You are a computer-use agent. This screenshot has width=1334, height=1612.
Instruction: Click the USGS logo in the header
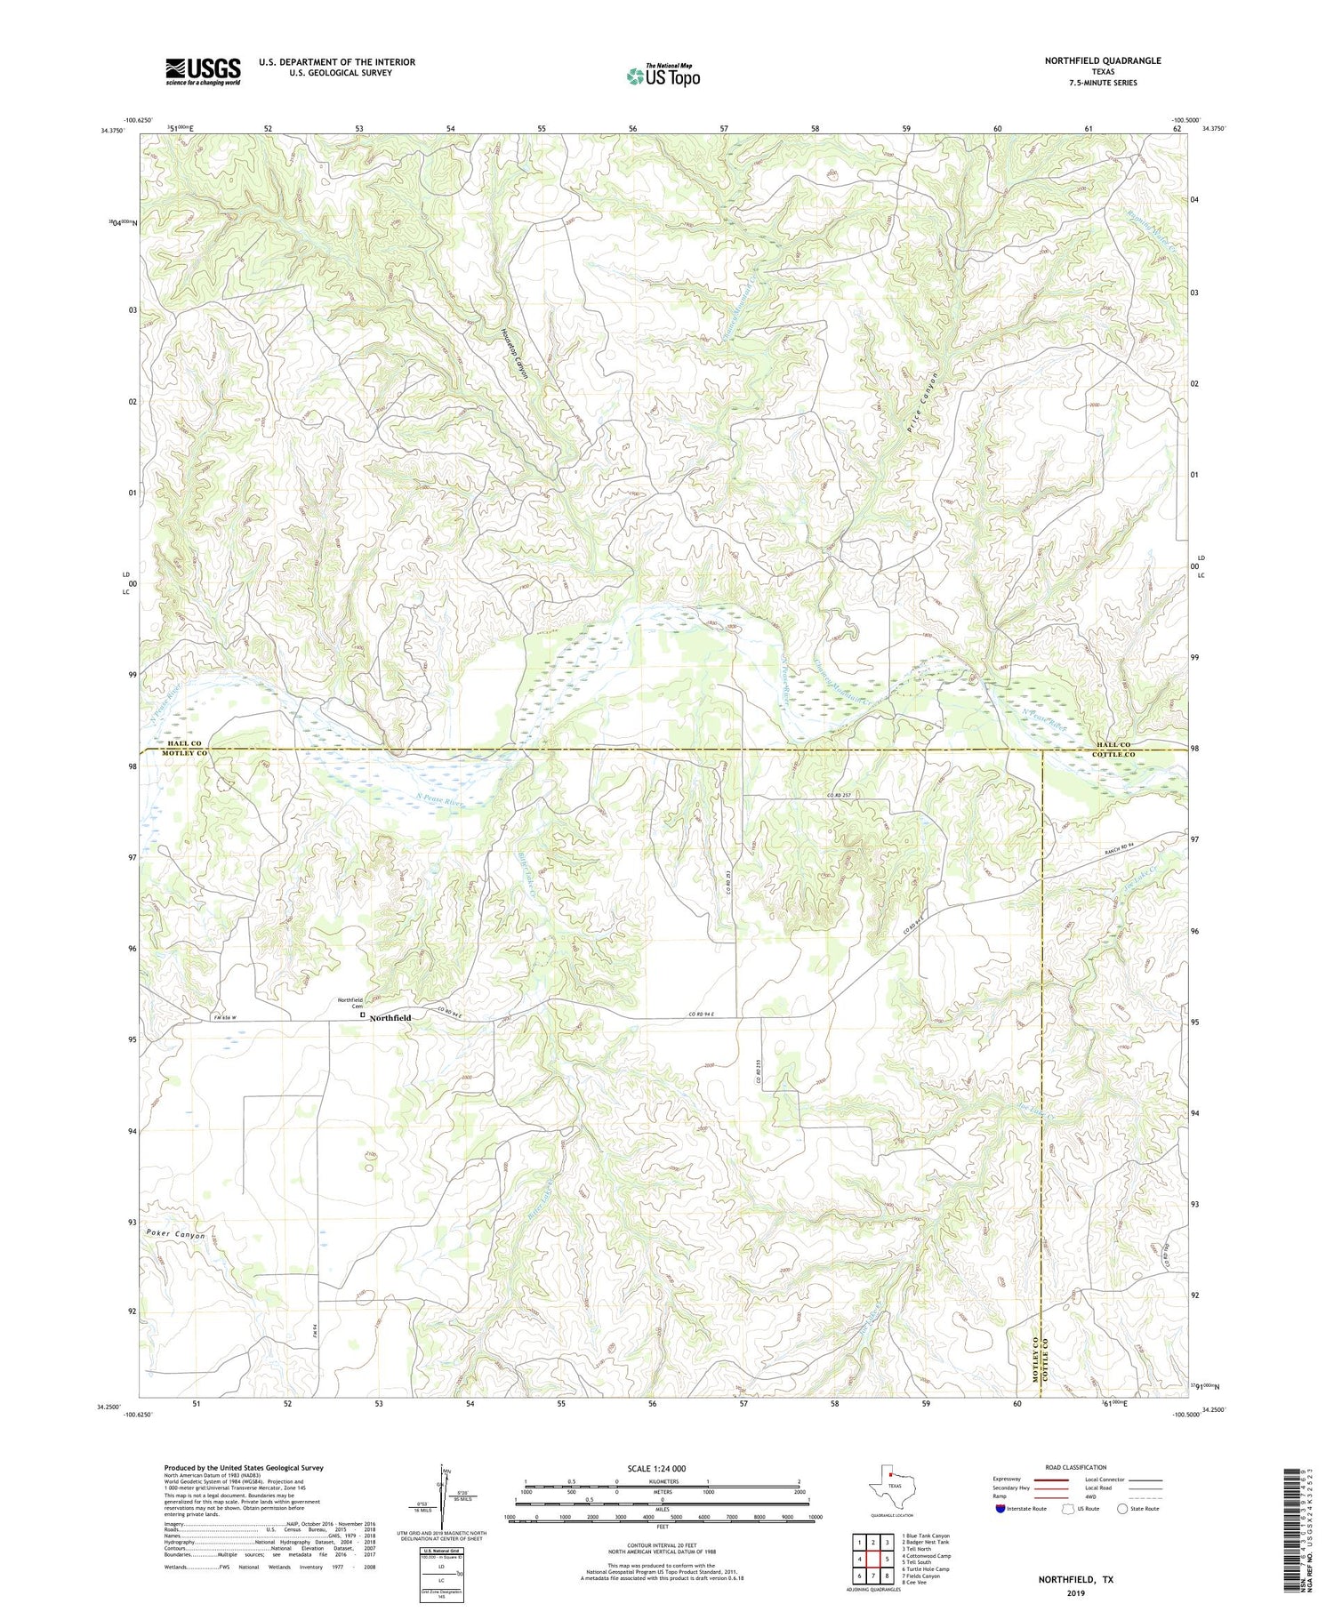coord(203,71)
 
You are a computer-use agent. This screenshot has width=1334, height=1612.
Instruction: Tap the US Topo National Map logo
coord(663,76)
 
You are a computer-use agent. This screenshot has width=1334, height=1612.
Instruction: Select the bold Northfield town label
coord(390,1017)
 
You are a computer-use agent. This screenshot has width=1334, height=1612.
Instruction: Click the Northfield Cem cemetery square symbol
coord(362,1013)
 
